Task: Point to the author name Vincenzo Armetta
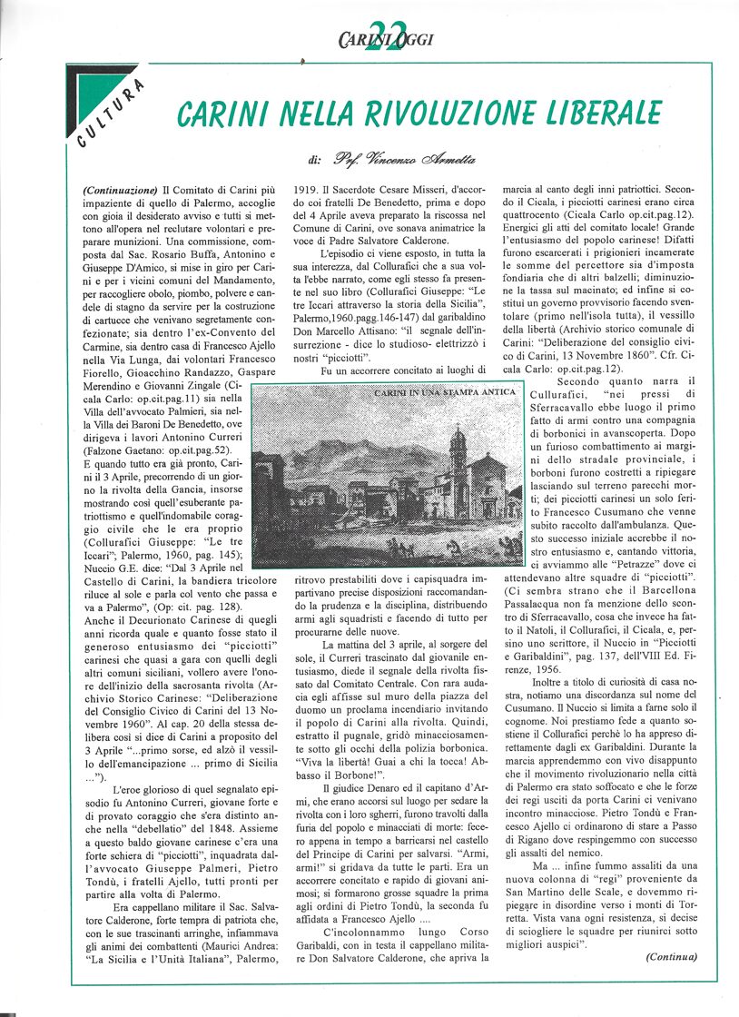click(x=404, y=161)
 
